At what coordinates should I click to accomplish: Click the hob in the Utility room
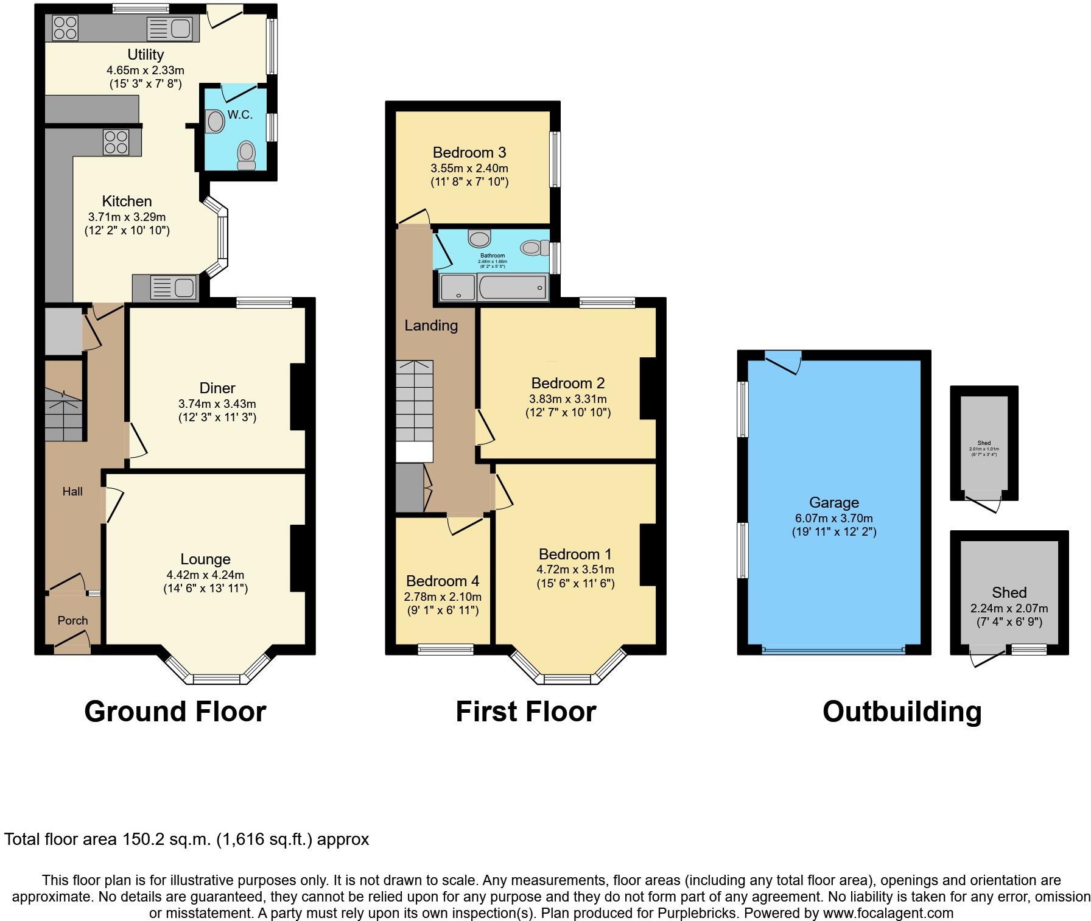[65, 27]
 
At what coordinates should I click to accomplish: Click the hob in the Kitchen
[116, 142]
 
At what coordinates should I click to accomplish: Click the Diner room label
[217, 388]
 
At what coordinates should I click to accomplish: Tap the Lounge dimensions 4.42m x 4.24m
[205, 575]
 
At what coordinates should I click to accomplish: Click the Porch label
[72, 620]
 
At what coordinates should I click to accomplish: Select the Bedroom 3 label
[469, 152]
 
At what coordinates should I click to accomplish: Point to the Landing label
[431, 325]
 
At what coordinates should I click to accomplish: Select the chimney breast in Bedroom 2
[648, 388]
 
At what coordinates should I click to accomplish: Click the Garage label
[833, 502]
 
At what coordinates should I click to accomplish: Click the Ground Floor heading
[175, 711]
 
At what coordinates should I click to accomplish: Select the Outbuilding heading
[902, 711]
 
